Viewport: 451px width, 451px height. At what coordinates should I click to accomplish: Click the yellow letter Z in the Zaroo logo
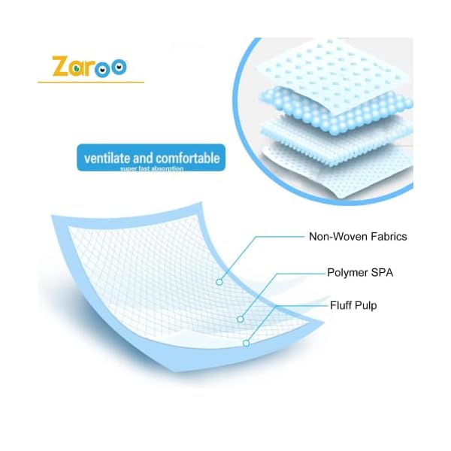tap(60, 66)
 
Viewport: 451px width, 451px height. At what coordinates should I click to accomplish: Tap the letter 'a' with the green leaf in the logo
tap(77, 68)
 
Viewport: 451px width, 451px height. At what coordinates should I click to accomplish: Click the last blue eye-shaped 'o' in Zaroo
tap(119, 67)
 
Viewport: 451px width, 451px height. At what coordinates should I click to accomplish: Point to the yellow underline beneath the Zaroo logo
tap(91, 83)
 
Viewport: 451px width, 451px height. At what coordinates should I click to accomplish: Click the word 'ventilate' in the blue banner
tap(107, 158)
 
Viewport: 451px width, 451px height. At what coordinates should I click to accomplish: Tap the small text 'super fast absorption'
tap(152, 168)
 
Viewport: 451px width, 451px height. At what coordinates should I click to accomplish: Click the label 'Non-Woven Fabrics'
tap(358, 237)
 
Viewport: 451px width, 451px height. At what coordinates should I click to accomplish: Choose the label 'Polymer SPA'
tap(360, 273)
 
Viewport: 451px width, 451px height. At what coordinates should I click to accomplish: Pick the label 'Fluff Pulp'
tap(353, 305)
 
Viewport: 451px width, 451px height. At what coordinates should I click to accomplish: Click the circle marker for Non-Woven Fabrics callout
tap(219, 282)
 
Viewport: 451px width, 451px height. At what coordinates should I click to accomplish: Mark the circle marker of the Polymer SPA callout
tap(241, 319)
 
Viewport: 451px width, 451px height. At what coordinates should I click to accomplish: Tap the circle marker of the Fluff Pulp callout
tap(246, 344)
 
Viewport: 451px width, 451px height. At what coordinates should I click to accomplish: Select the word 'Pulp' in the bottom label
tap(365, 306)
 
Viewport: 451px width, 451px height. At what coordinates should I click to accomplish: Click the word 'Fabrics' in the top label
tap(389, 237)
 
